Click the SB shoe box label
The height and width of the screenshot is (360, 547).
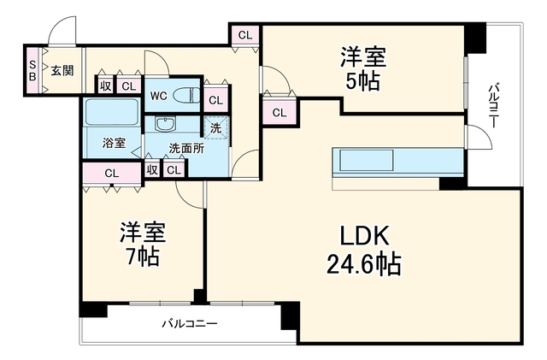tap(32, 70)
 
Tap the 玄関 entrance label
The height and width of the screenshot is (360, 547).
tap(62, 70)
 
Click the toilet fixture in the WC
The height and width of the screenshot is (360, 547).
tap(186, 95)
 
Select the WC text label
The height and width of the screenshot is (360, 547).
tap(158, 96)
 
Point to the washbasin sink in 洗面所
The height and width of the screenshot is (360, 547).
tap(166, 124)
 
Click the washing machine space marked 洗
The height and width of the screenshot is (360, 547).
tap(215, 127)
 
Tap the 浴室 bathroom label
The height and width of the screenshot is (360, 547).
tap(114, 143)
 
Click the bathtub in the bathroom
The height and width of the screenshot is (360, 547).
tap(112, 112)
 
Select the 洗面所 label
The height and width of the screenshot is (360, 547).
tap(186, 149)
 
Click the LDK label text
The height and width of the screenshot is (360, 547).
tap(364, 236)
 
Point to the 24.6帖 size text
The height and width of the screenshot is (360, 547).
tap(364, 264)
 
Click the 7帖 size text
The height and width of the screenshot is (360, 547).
tap(143, 257)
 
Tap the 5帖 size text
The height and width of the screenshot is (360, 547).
tap(362, 82)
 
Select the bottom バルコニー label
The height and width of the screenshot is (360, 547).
tap(190, 324)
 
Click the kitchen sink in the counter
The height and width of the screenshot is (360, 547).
tap(367, 160)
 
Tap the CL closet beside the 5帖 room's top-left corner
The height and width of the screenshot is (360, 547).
tap(245, 35)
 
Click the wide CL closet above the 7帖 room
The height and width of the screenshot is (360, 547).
tap(112, 174)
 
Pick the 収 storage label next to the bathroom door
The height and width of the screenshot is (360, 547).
tap(152, 169)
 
